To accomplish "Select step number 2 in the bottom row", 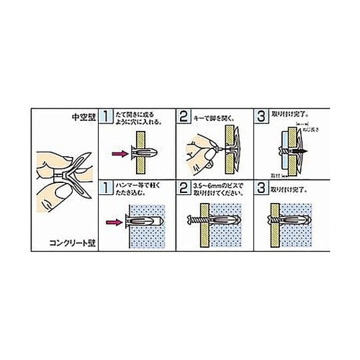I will pyautogui.click(x=184, y=188).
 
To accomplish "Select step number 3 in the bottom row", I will pyautogui.click(x=261, y=188).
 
